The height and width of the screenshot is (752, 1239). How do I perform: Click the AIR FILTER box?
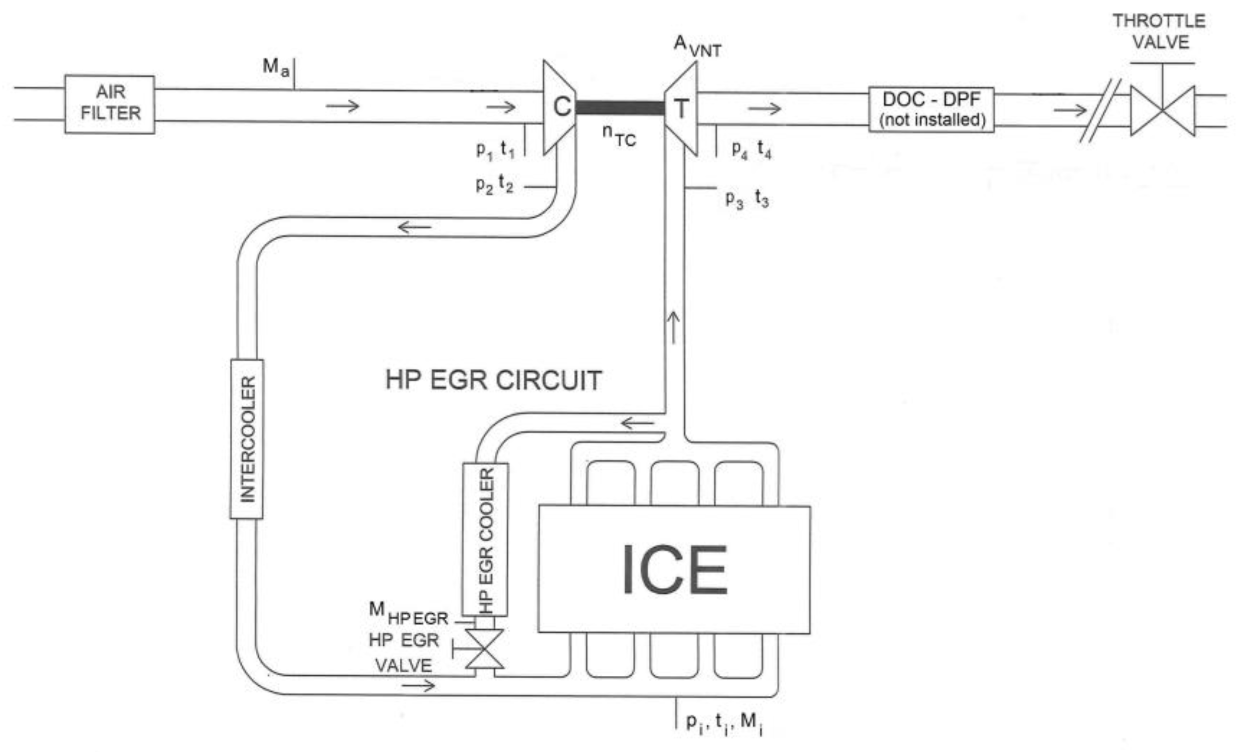pos(109,104)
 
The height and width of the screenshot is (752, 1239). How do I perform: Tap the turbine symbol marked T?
pos(681,108)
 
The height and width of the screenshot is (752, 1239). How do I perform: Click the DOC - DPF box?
pos(931,109)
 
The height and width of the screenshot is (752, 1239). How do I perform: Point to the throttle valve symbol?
pos(1162,110)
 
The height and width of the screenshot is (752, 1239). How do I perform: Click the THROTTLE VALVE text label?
pos(1159,31)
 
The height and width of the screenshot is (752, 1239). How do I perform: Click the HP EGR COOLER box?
pos(485,539)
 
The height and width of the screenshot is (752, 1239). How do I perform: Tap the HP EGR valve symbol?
pos(484,649)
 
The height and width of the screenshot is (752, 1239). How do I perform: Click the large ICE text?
pos(675,570)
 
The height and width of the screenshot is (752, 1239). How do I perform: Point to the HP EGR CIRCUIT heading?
pos(493,380)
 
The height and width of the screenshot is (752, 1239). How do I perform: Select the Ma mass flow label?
pos(276,67)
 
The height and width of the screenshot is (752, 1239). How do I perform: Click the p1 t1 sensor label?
pos(495,150)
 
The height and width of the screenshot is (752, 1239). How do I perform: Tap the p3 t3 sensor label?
pos(747,199)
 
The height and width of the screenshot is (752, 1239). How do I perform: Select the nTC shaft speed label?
pos(619,136)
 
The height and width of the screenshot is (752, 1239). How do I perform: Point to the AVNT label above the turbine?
pos(697,46)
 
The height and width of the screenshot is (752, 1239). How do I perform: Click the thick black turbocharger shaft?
pos(620,107)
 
